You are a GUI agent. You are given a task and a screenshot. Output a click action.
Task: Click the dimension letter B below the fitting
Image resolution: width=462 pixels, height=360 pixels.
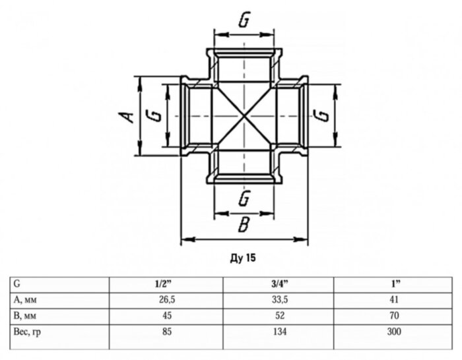(243, 225)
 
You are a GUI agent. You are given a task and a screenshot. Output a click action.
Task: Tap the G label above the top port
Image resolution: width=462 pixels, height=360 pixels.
(244, 21)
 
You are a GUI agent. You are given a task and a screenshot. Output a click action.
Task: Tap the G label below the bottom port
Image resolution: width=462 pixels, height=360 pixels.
(244, 197)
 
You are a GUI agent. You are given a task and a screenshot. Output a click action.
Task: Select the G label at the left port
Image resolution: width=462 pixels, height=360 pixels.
(156, 115)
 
